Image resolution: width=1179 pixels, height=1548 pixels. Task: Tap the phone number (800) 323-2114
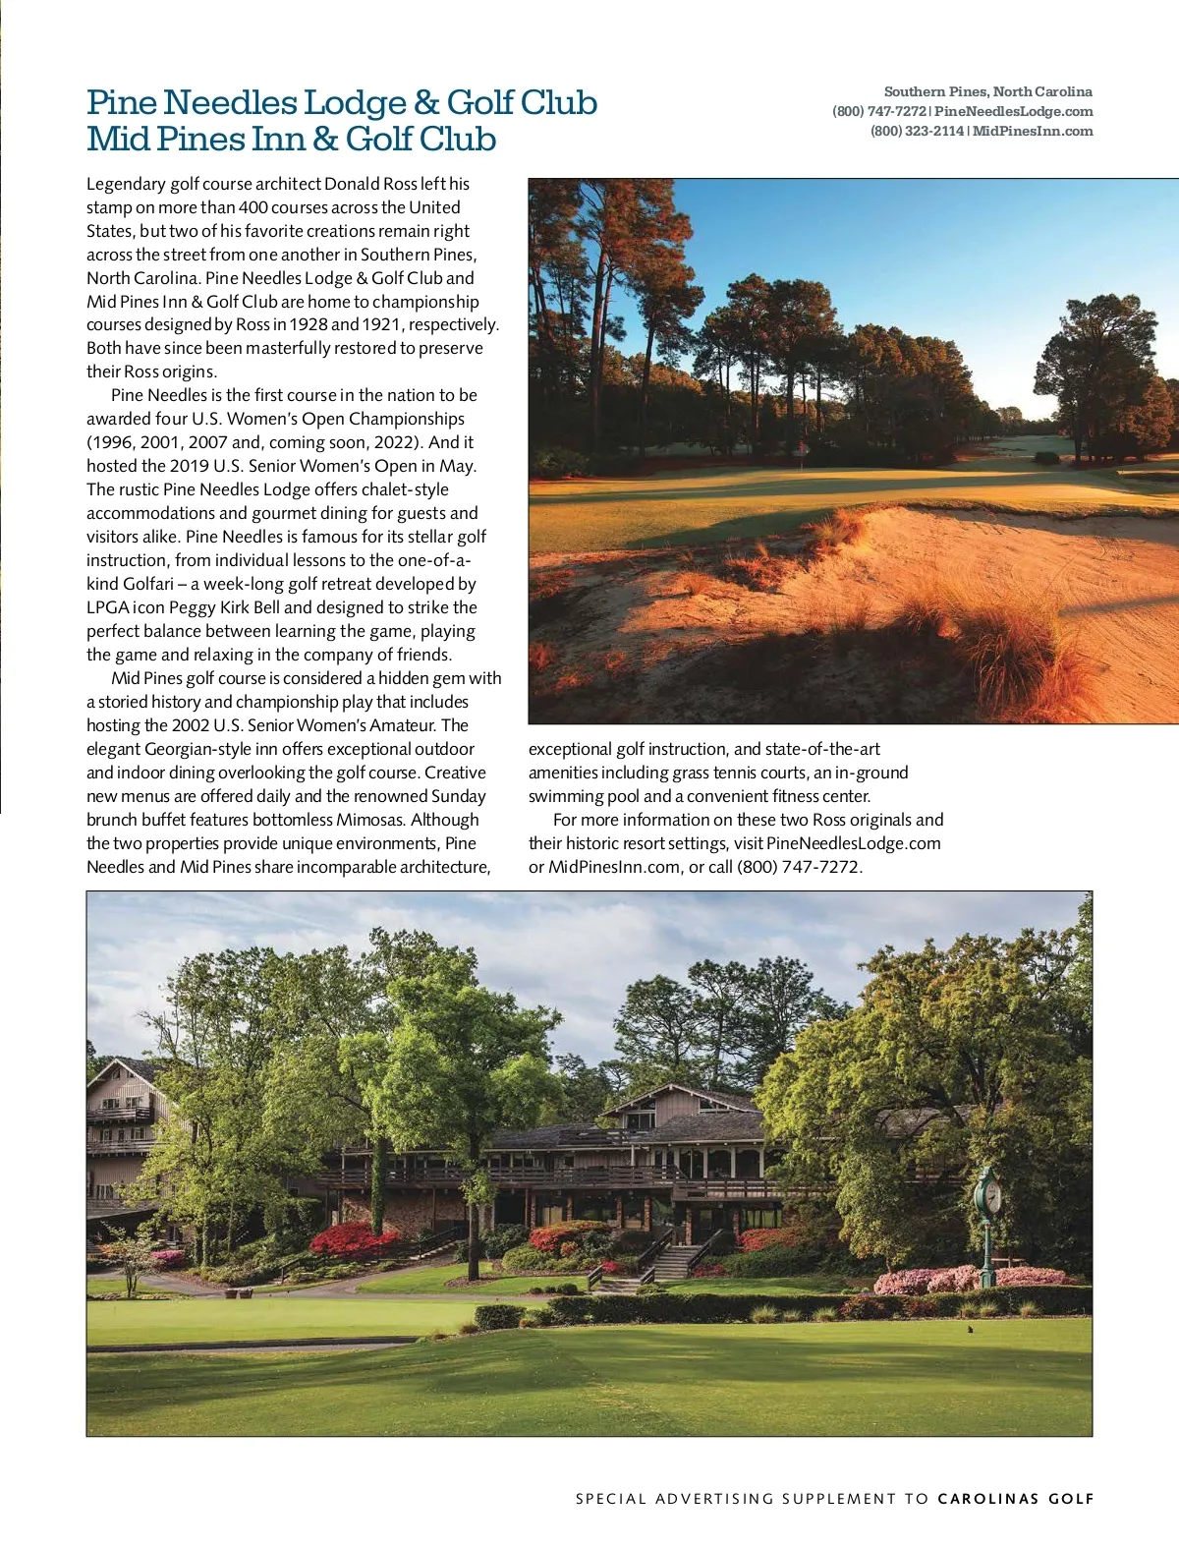click(x=917, y=131)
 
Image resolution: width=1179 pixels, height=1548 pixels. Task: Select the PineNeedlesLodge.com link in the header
click(x=1013, y=111)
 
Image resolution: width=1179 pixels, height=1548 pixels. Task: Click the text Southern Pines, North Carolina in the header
click(x=987, y=91)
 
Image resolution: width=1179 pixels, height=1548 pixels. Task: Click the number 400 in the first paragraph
click(x=253, y=207)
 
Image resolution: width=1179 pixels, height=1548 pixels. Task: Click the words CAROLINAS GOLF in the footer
click(x=1015, y=1499)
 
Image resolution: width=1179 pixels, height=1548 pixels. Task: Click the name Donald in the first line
click(x=351, y=184)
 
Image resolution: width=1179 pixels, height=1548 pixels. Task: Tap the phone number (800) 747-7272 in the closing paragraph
click(x=799, y=867)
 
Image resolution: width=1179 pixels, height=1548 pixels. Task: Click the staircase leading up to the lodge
click(x=675, y=1262)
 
